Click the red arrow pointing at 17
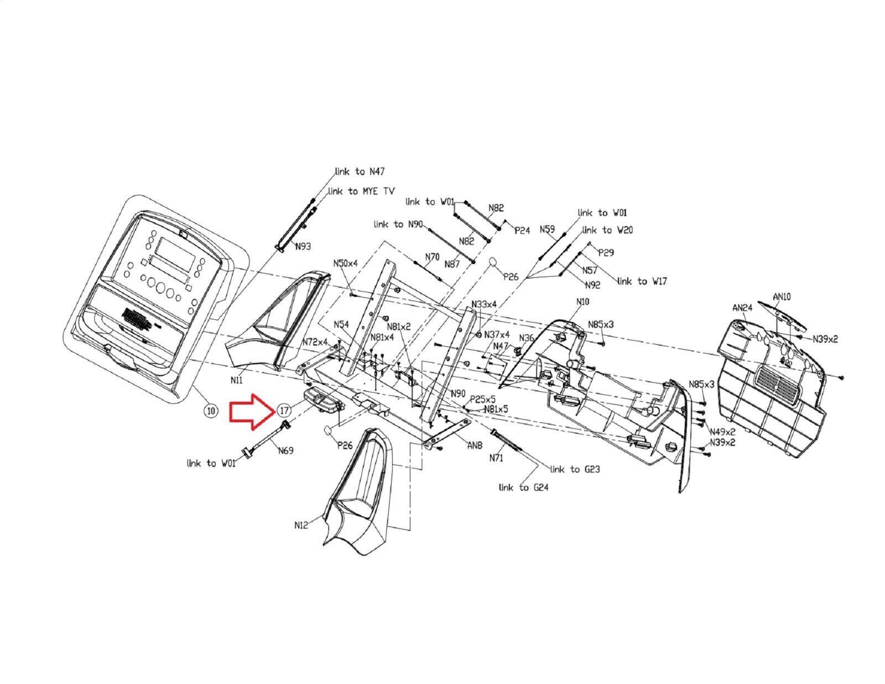pos(252,412)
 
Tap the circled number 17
pos(284,411)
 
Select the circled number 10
pos(211,411)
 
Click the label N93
pos(303,246)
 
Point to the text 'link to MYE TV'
pos(361,191)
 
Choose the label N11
pos(236,380)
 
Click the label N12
pos(301,526)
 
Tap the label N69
pos(285,450)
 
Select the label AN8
pos(475,445)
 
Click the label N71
pos(496,458)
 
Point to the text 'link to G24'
pos(523,487)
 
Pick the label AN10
pos(782,297)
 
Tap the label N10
pos(582,302)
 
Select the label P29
pos(606,253)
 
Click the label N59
pos(548,229)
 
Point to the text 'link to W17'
pos(642,281)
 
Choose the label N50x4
pos(345,263)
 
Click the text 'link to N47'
pos(360,172)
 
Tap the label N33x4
pos(484,304)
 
